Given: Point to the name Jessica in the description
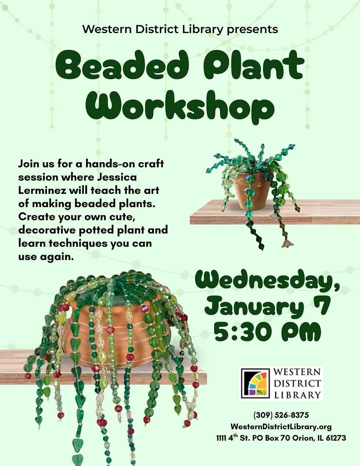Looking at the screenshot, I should coord(117,177).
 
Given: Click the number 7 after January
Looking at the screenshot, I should coord(323,306).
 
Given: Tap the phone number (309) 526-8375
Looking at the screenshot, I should coord(281,415).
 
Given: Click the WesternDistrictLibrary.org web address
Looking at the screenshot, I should coord(281,427).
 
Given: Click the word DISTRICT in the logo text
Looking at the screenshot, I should coord(297,384).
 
